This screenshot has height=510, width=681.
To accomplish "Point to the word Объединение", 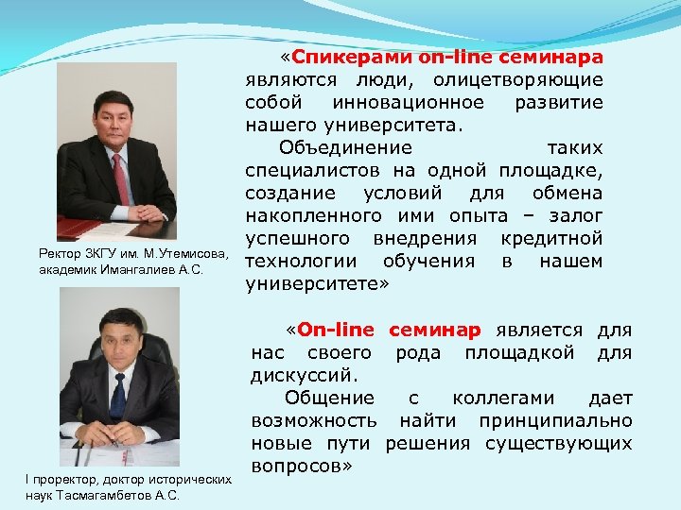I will pos(345,148).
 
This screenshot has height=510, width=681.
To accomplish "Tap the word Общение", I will pos(329,398).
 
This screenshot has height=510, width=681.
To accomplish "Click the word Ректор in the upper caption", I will pos(58,254).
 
